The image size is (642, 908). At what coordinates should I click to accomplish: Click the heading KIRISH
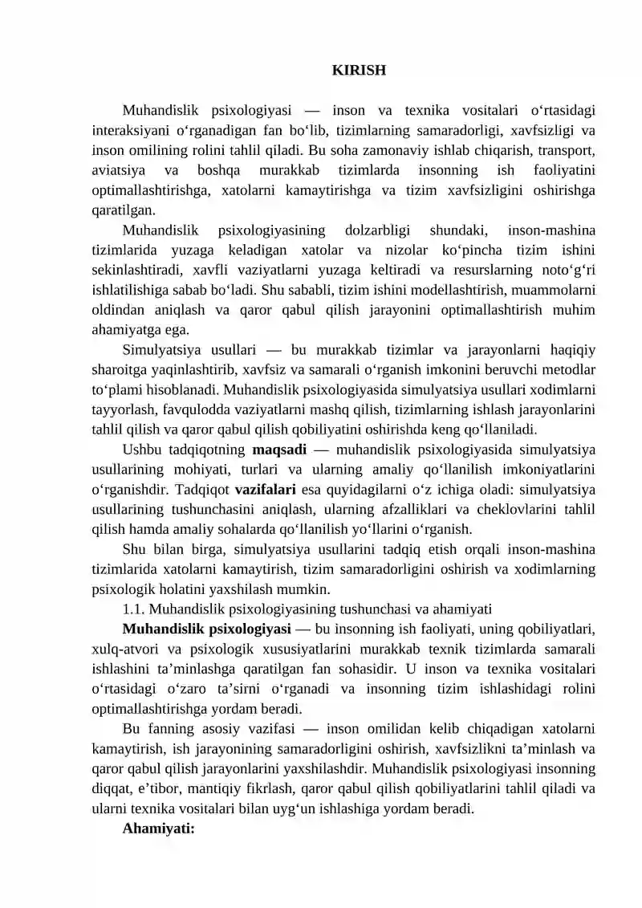359,71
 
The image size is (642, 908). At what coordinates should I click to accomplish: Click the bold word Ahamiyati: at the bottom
159,829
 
